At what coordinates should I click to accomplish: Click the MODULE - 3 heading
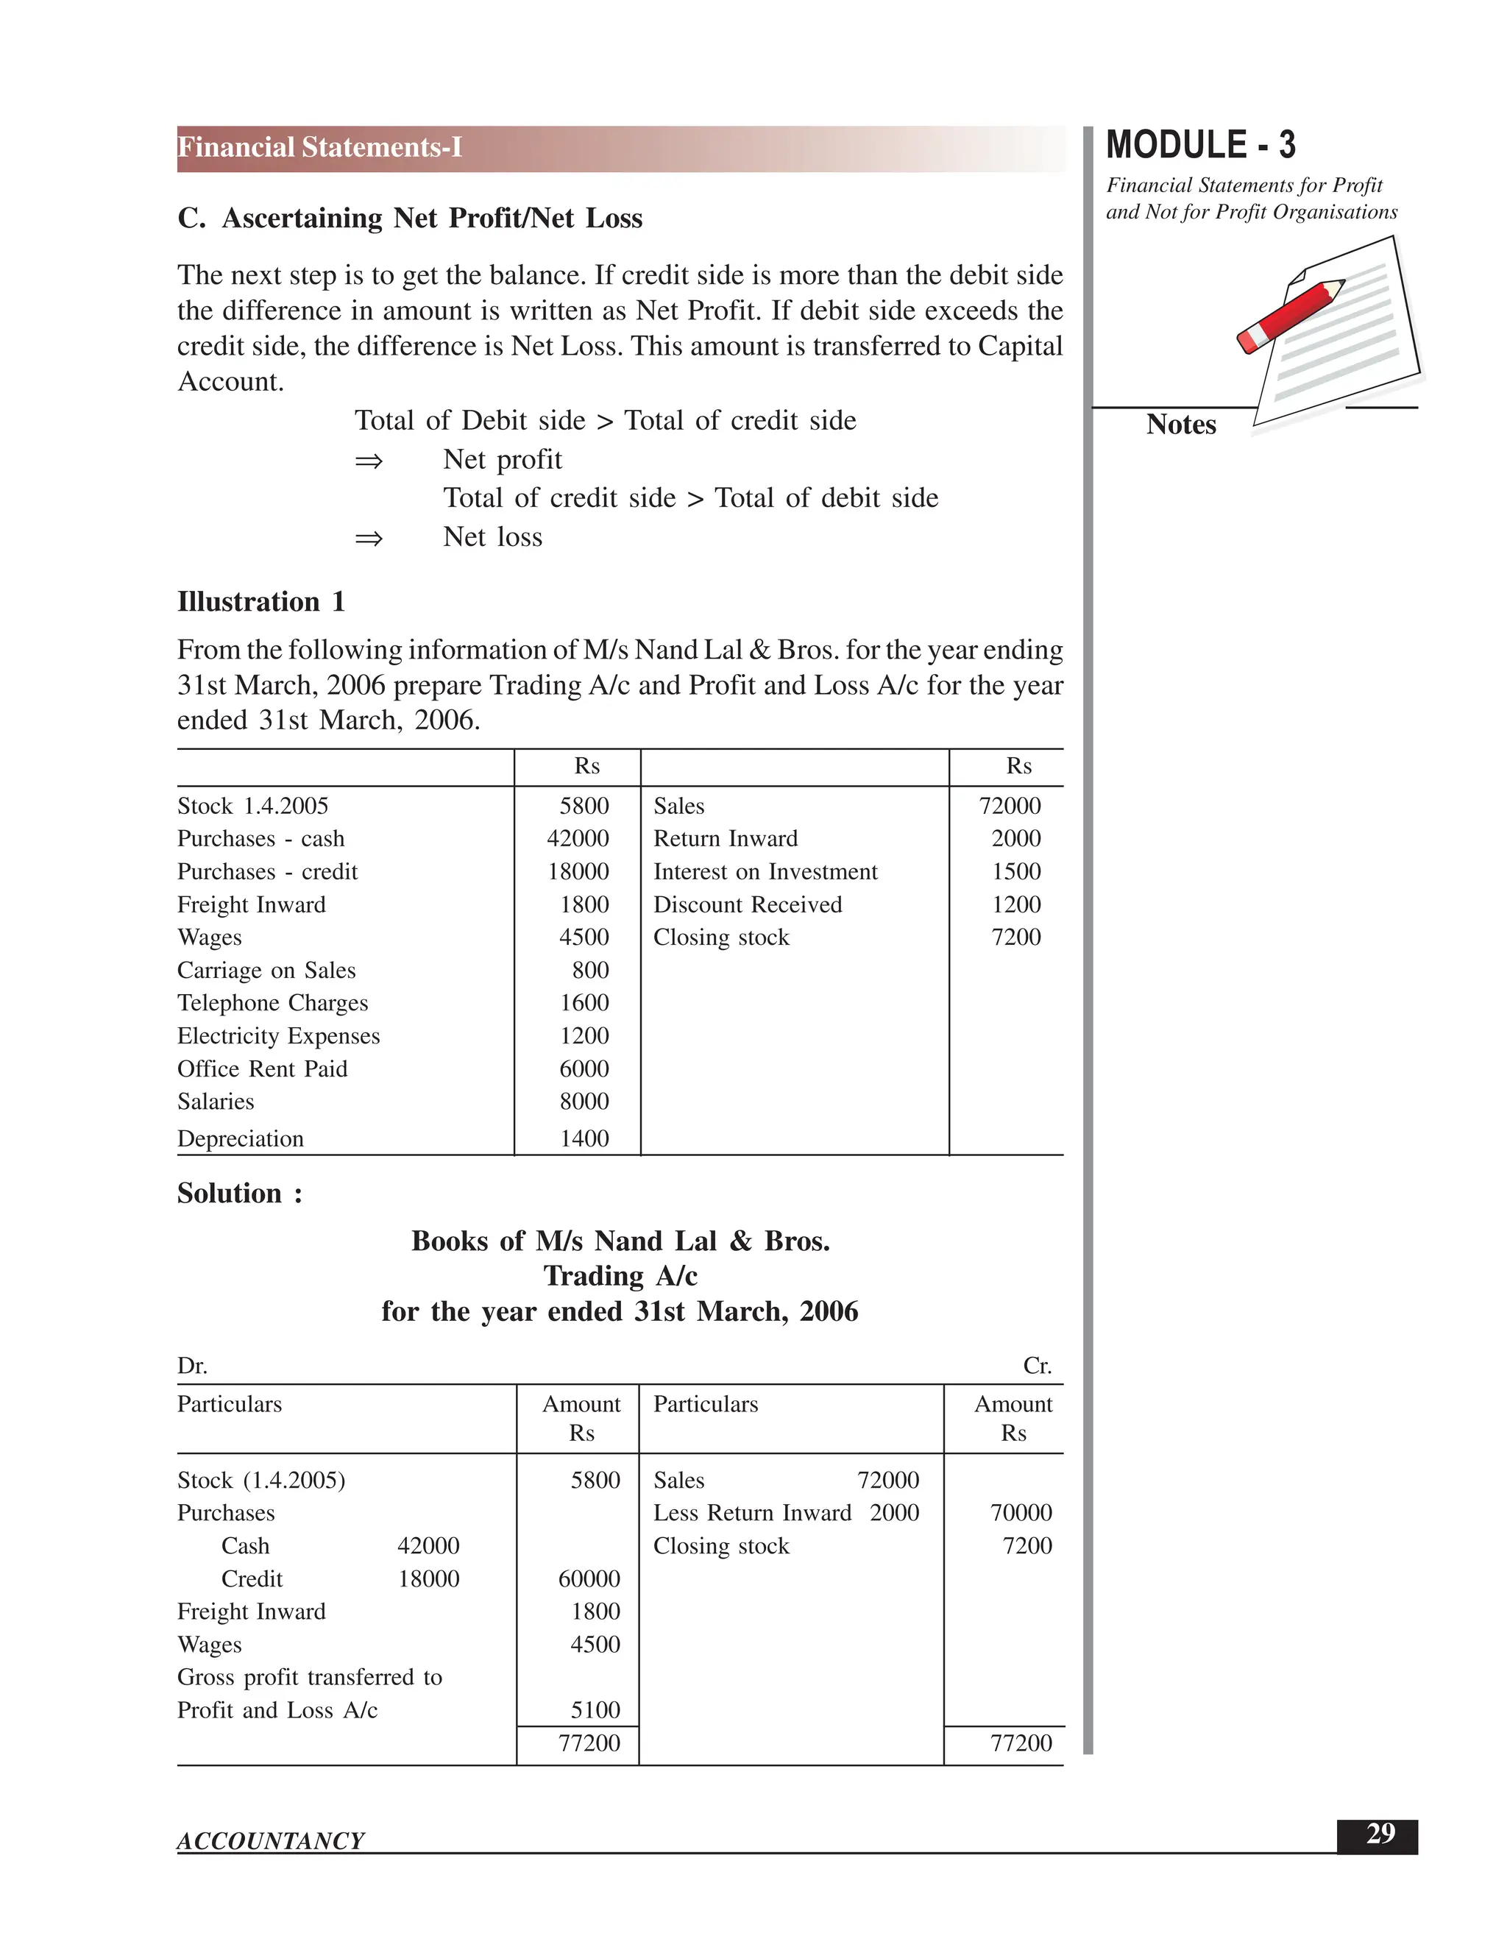pos(1200,146)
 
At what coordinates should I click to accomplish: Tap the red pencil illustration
pos(1291,316)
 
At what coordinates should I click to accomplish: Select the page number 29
pos(1380,1833)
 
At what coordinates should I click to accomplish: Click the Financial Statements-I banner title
pos(319,147)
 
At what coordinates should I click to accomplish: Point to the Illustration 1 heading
pos(260,602)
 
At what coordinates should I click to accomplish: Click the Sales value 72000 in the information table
pos(1010,806)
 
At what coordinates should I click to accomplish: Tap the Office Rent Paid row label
pos(263,1068)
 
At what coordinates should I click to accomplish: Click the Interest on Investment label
pos(765,871)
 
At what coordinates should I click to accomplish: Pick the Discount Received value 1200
pos(1016,904)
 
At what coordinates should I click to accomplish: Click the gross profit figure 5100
pos(595,1710)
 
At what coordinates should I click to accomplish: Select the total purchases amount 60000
pos(589,1578)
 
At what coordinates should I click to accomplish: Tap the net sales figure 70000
pos(1021,1512)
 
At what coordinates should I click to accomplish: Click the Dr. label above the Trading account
pos(192,1366)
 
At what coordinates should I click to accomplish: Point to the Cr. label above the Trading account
pos(1037,1366)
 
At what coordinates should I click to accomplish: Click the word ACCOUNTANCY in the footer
pos(271,1841)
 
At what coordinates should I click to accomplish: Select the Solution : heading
pos(239,1194)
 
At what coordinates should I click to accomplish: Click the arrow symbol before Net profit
pos(369,461)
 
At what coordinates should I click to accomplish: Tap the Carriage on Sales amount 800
pos(590,971)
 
